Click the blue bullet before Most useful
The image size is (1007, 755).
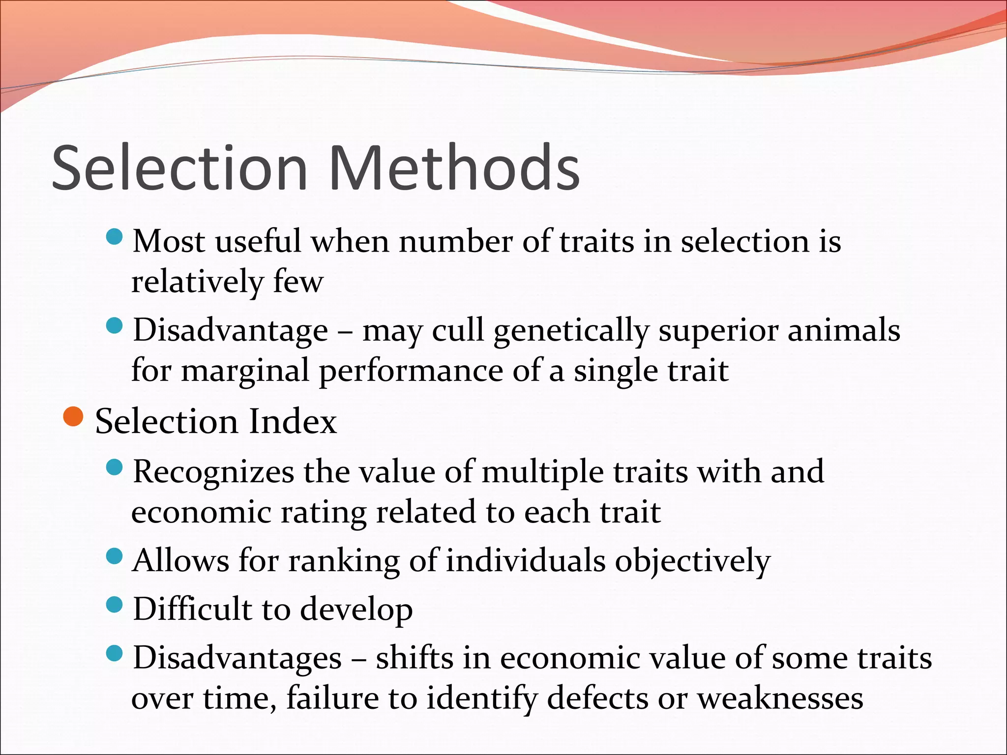[x=114, y=237]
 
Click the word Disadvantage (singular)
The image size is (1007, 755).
[x=231, y=330]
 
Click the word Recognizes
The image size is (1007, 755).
[x=213, y=472]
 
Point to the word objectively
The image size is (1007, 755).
[x=693, y=561]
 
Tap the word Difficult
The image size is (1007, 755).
[x=192, y=609]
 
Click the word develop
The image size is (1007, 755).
[x=356, y=610]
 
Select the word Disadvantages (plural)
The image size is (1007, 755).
[x=237, y=658]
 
